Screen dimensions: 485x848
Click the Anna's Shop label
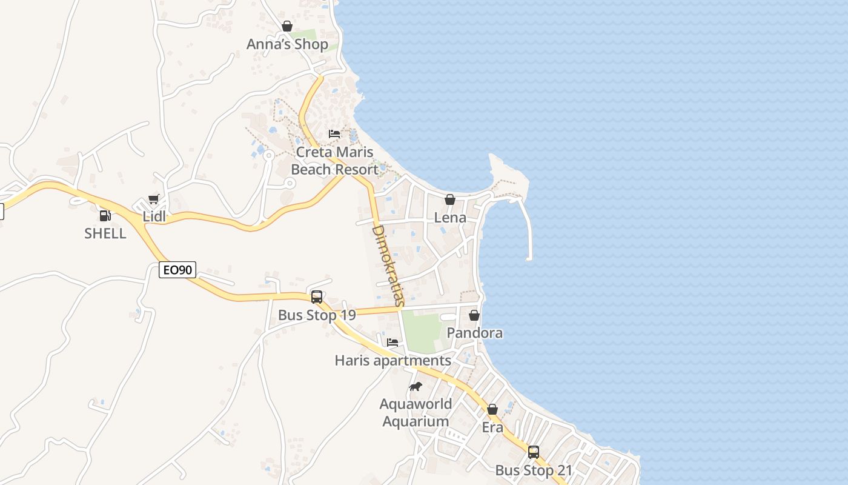(x=287, y=44)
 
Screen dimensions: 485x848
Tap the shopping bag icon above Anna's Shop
(x=287, y=26)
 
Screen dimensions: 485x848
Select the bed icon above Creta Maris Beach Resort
(x=334, y=133)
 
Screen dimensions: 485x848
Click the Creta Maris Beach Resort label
(x=334, y=161)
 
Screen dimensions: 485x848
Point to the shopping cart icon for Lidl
(x=154, y=199)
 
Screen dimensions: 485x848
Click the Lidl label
(x=154, y=216)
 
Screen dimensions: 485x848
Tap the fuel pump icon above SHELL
(x=105, y=215)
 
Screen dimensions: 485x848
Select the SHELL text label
(x=105, y=233)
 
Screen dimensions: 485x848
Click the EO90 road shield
(x=178, y=270)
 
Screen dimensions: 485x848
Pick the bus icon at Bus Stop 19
(x=317, y=297)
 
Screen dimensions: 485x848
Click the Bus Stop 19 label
(x=317, y=315)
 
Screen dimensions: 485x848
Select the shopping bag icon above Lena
(x=450, y=199)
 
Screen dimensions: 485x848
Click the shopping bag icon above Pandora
(x=474, y=315)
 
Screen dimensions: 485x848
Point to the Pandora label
(x=474, y=333)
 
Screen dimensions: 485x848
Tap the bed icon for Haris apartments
(x=393, y=343)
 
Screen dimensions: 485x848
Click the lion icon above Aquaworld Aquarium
(x=415, y=386)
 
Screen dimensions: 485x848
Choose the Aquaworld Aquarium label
(x=416, y=412)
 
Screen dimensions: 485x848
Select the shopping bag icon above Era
(x=492, y=409)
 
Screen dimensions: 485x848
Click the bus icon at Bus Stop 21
(x=534, y=452)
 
